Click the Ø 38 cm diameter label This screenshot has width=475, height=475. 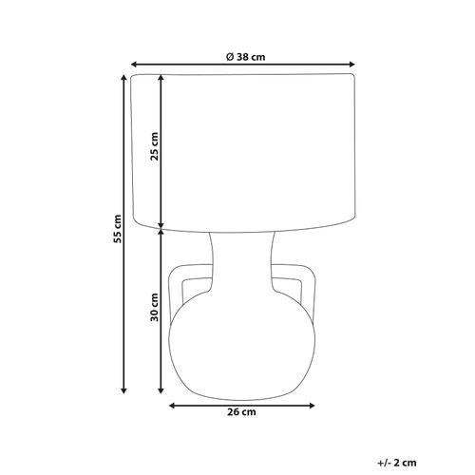(x=245, y=57)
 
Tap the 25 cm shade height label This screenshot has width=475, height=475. (x=154, y=146)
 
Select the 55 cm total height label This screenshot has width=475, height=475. (x=118, y=229)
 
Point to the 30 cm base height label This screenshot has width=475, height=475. (x=154, y=307)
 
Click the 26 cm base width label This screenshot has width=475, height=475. (x=241, y=412)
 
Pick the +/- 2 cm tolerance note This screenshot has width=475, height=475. (x=397, y=463)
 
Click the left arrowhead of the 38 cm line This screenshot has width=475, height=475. (x=134, y=65)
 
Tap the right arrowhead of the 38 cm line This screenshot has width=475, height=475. (x=351, y=65)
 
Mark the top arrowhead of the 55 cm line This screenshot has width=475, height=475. (x=124, y=78)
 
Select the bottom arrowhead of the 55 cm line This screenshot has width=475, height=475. (x=124, y=390)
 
